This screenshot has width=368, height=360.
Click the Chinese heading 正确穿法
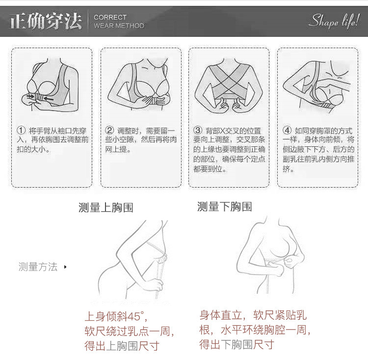pos(46,21)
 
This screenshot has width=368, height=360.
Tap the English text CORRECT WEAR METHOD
pos(119,22)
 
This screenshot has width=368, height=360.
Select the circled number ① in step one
pos(21,130)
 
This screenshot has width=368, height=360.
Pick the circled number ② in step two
pos(109,130)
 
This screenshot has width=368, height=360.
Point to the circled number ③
pos(198,130)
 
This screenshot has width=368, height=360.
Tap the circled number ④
pos(287,130)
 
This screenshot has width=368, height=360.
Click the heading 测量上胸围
pos(106,207)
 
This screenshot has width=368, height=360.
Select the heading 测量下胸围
pos(225,207)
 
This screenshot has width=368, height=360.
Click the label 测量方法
pos(38,267)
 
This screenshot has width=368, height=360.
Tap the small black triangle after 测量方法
pos(65,267)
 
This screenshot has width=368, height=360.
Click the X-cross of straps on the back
pos(228,79)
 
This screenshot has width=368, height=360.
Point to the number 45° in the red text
pos(135,316)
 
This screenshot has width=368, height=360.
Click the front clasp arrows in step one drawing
pos(40,97)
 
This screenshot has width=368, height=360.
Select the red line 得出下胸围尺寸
pos(237,344)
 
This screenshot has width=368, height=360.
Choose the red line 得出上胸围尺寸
pos(122,346)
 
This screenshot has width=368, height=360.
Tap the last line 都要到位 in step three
pos(210,169)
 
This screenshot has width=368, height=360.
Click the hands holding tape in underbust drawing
pos(282,264)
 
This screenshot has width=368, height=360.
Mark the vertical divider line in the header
pos(88,21)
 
